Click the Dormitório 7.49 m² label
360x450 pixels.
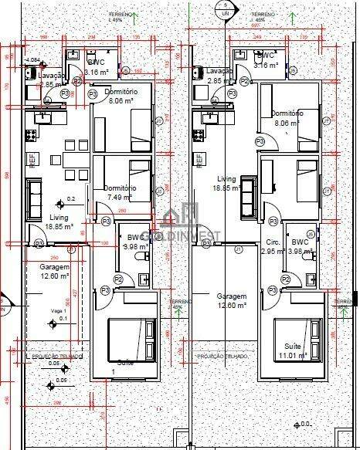[120, 192]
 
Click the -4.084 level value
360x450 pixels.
[33, 59]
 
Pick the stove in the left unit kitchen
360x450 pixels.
[32, 134]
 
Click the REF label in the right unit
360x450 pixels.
[200, 159]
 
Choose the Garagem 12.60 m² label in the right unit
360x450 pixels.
[231, 300]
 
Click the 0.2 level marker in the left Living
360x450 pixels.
[71, 199]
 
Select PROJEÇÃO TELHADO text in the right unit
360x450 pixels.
[222, 357]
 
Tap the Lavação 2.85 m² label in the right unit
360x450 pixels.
[220, 75]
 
